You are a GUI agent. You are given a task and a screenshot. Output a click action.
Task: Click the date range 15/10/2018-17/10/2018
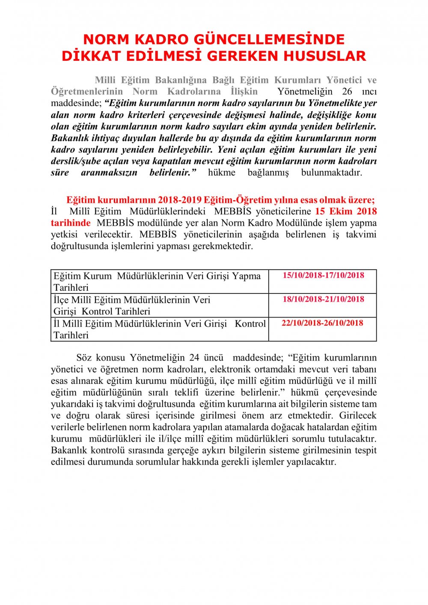(323, 275)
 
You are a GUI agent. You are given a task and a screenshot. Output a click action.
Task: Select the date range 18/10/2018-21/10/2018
(323, 299)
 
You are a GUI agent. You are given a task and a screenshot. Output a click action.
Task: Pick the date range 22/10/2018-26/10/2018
(322, 323)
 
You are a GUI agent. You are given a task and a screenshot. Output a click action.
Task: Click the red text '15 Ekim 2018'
(346, 211)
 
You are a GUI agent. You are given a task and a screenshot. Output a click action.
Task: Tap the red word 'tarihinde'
(71, 223)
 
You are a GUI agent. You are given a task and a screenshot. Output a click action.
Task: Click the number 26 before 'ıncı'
(347, 92)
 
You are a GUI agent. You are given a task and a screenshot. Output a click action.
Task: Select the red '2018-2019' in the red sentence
(180, 200)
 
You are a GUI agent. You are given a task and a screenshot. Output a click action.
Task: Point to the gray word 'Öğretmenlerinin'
(87, 92)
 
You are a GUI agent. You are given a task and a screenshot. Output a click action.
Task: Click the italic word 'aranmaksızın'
(109, 173)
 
